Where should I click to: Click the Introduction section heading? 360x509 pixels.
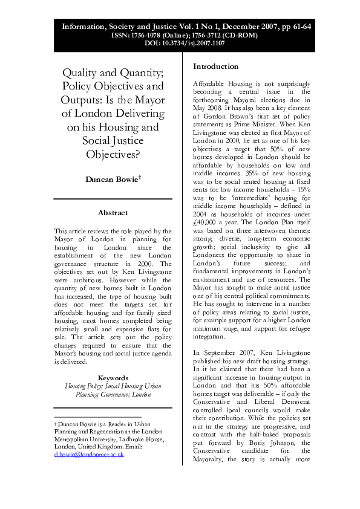click(x=215, y=66)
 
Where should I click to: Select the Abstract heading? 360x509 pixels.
click(x=113, y=212)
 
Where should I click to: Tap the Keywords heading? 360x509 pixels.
click(x=113, y=377)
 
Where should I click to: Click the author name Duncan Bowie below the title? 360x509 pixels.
click(x=112, y=180)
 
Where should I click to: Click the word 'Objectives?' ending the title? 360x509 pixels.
click(x=113, y=154)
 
